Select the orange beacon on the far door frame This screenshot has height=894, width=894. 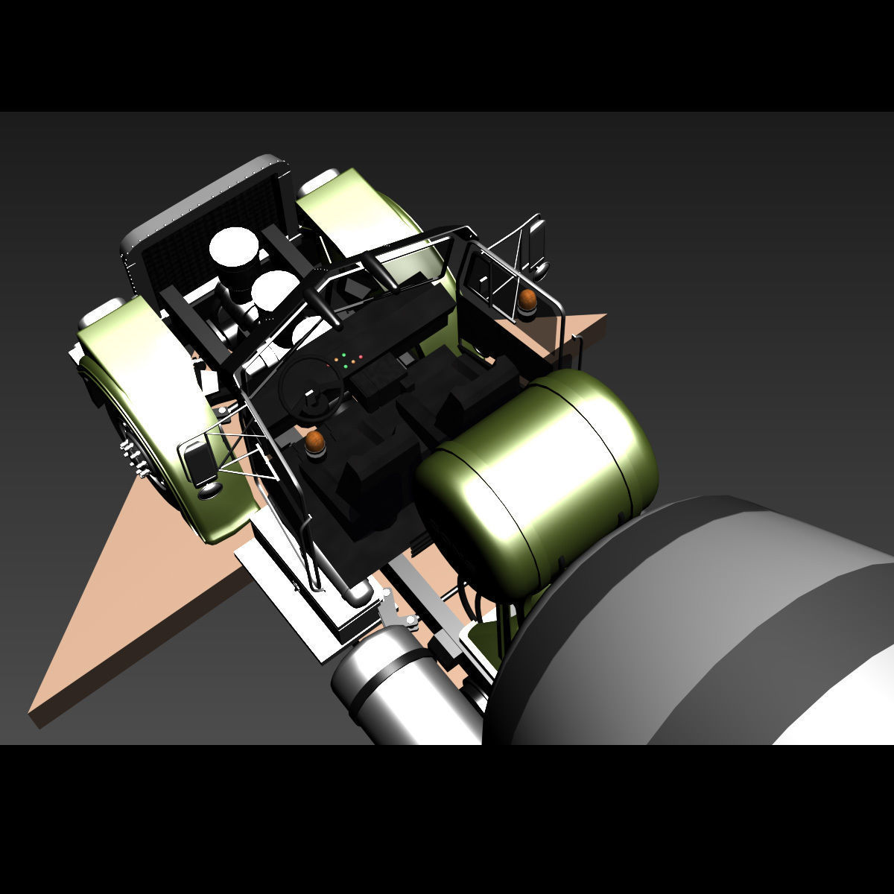click(x=528, y=299)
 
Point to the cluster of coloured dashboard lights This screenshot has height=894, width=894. click(x=348, y=359)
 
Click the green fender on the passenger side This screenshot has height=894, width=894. click(x=365, y=216)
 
